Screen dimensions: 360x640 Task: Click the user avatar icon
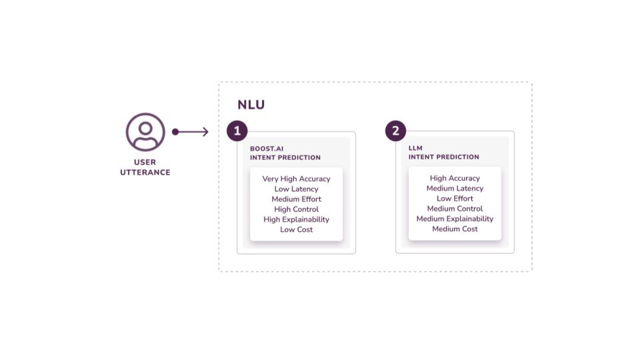pos(145,132)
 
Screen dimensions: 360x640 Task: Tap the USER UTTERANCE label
pos(145,167)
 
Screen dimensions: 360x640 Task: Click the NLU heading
pos(251,105)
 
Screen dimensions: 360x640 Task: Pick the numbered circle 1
pos(237,131)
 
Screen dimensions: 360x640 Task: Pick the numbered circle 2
pos(395,131)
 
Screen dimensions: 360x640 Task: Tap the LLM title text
pos(415,148)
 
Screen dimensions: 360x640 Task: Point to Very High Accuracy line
pos(296,179)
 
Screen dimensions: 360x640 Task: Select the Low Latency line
pos(296,189)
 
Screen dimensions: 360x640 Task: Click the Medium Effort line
pos(296,199)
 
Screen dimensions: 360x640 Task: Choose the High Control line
pos(296,209)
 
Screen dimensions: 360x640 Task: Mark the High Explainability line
pos(296,219)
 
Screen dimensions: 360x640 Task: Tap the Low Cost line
pos(296,229)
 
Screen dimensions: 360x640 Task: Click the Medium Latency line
pos(455,189)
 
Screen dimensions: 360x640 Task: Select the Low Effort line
pos(455,199)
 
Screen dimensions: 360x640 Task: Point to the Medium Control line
pos(455,209)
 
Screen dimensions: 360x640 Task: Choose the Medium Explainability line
pos(455,219)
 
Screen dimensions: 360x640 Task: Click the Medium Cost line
pos(455,229)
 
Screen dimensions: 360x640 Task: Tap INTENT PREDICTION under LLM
pos(443,157)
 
